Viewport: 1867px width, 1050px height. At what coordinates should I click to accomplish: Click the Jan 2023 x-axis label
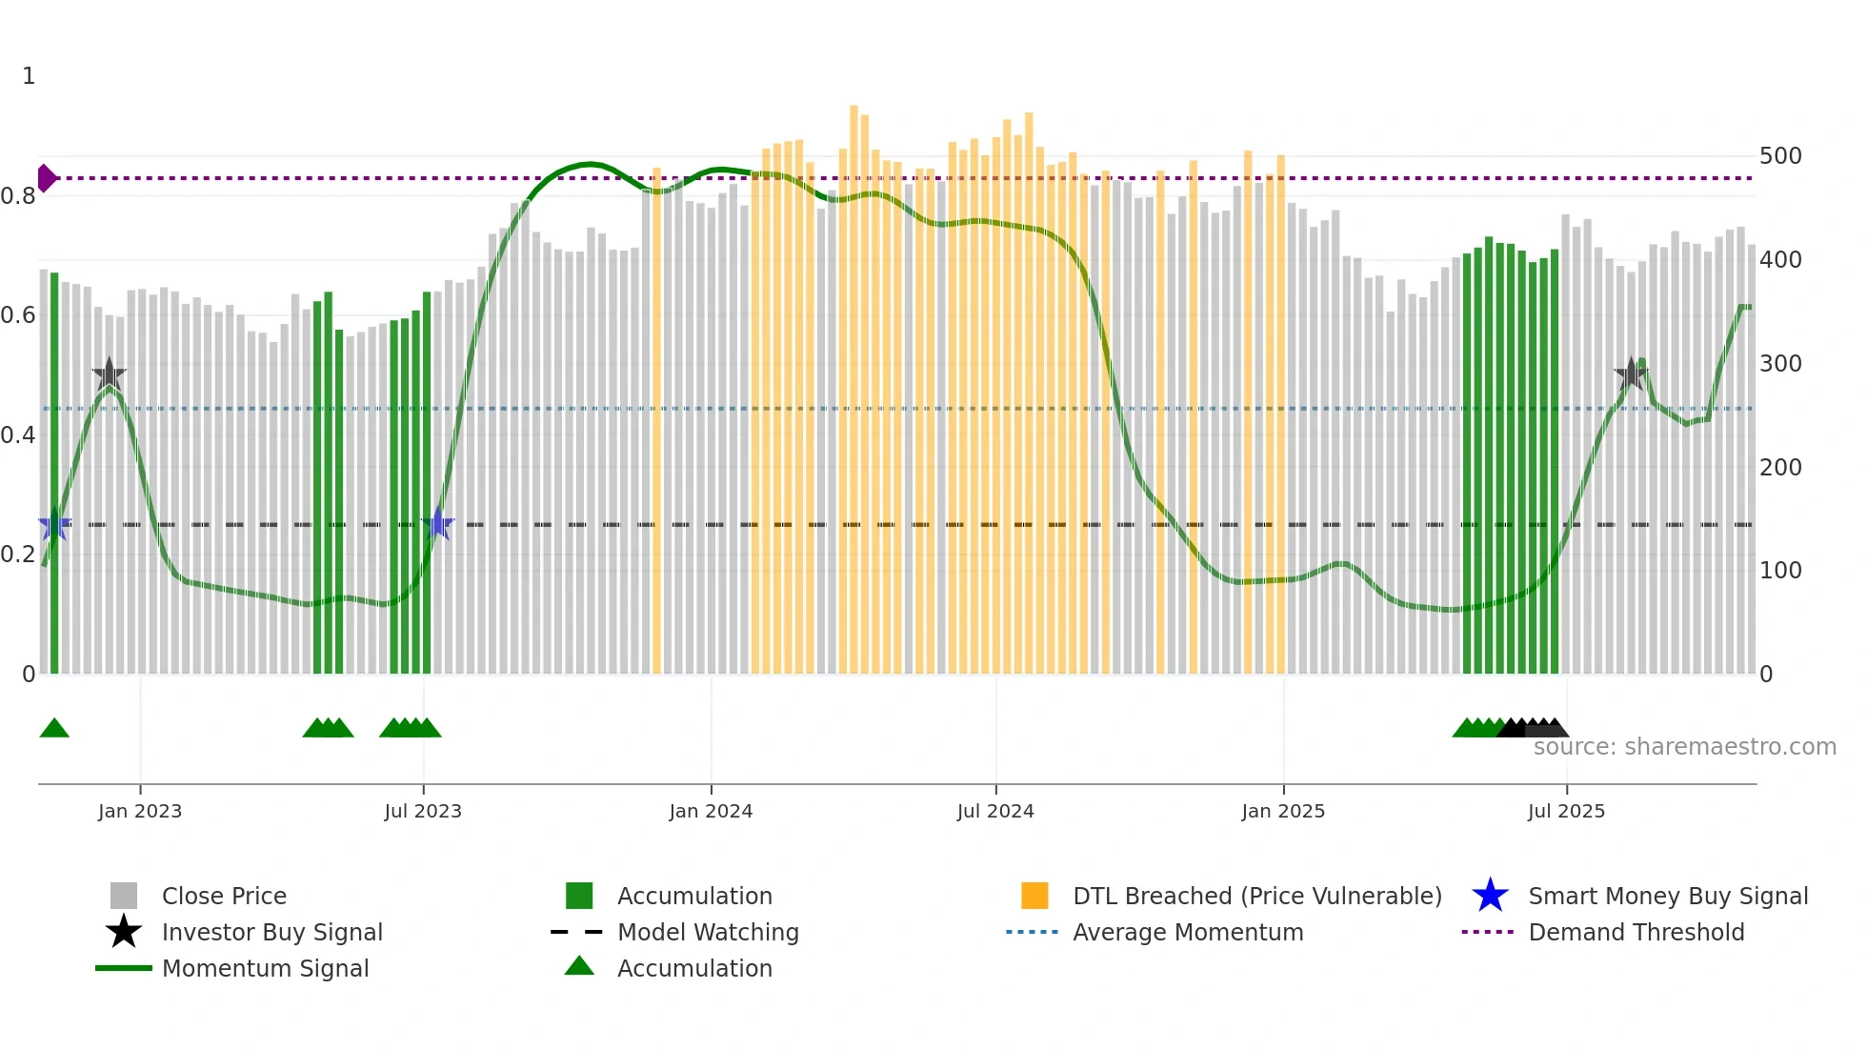coord(139,811)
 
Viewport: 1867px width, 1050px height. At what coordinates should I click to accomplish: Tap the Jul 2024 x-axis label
coord(995,811)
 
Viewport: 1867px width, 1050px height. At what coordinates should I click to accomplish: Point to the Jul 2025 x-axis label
coord(1566,811)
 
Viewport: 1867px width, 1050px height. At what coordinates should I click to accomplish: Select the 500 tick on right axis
coord(1780,156)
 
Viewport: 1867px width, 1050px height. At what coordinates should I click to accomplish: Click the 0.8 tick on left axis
coord(18,196)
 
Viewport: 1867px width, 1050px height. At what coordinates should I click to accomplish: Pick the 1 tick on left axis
coord(29,76)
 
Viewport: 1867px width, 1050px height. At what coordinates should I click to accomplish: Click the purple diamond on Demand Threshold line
coord(46,178)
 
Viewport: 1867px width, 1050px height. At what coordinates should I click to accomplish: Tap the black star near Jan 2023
coord(110,374)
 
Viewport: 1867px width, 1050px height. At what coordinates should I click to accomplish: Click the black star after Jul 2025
coord(1631,374)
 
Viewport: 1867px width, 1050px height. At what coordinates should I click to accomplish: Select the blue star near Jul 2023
coord(437,524)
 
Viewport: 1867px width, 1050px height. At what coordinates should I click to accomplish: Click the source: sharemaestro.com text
coord(1684,747)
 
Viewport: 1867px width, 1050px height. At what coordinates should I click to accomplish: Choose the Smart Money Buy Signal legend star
coord(1490,896)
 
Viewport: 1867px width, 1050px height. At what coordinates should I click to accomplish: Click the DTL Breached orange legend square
coord(1034,896)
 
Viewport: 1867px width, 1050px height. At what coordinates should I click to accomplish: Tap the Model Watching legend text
coord(708,932)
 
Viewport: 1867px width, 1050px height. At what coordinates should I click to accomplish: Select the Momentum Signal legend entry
coord(265,968)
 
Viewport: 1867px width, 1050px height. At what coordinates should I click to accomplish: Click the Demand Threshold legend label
coord(1636,932)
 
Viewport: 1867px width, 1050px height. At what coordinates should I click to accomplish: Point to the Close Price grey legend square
coord(124,896)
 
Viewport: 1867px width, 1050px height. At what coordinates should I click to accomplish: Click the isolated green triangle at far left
coord(54,729)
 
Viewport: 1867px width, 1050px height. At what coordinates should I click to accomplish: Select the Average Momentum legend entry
coord(1187,932)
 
